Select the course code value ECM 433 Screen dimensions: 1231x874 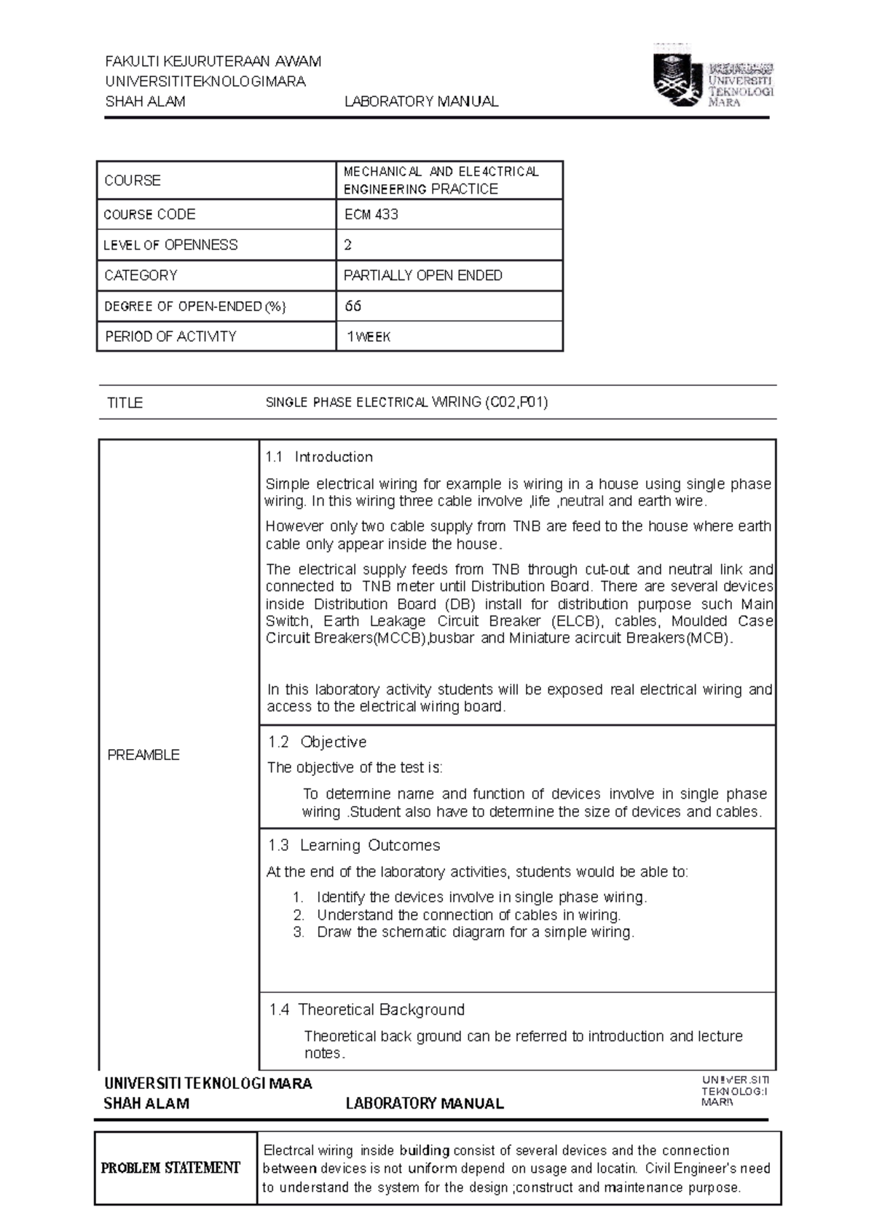pos(371,215)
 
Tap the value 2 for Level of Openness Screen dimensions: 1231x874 pos(348,245)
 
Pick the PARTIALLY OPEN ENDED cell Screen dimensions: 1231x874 pos(422,276)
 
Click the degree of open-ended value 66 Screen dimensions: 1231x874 pos(353,306)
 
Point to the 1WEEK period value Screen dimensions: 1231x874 pos(369,337)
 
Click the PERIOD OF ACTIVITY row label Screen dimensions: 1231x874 pos(170,337)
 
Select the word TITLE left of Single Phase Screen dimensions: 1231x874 pos(125,403)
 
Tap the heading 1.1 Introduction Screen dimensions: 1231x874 pos(319,457)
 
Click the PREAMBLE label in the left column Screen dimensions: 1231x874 pos(143,755)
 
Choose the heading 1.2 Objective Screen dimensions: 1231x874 pos(317,742)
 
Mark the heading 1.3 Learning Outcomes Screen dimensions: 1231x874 pos(354,845)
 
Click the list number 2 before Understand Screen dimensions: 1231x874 pos(299,915)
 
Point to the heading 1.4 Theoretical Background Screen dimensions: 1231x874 pos(366,1010)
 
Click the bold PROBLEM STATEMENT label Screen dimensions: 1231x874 pos(170,1168)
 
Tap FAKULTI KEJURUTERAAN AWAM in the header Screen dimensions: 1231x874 pos(213,61)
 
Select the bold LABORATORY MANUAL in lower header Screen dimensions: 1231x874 pos(425,1104)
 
